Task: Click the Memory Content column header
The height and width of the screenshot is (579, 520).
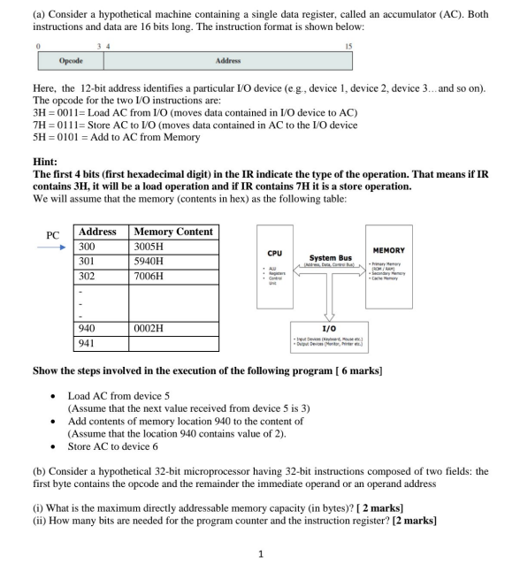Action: point(173,232)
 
